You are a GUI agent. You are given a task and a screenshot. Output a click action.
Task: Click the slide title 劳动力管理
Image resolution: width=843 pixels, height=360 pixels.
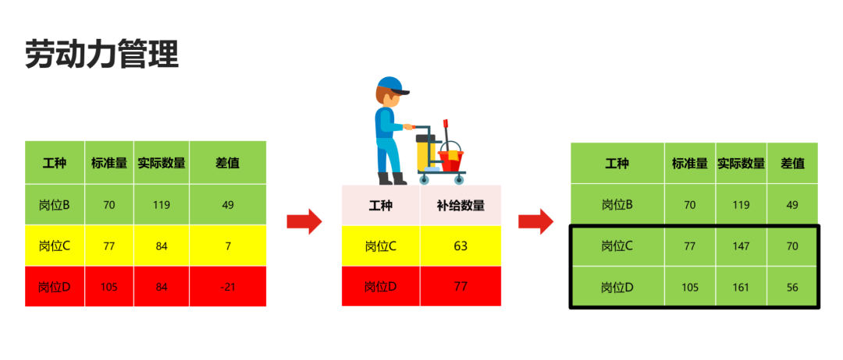[102, 55]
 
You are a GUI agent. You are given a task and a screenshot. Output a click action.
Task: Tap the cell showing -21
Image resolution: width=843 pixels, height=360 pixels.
[228, 287]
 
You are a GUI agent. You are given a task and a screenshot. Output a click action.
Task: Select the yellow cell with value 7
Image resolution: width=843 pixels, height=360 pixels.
[228, 246]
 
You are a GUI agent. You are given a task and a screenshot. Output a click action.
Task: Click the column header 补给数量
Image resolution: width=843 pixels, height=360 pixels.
[461, 206]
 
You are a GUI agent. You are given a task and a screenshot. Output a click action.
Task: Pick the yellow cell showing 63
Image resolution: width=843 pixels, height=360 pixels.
[461, 246]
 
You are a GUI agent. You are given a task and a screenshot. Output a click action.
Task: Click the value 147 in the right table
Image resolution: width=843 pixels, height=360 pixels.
[742, 246]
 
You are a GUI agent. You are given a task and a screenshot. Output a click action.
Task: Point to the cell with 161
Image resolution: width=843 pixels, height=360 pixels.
[742, 287]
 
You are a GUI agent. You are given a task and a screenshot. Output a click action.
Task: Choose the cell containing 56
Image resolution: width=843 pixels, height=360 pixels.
[792, 287]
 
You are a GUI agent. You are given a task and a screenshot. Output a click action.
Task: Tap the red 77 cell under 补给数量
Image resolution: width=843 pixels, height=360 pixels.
[461, 286]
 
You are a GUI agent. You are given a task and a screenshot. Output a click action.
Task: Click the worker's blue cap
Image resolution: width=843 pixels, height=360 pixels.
[393, 85]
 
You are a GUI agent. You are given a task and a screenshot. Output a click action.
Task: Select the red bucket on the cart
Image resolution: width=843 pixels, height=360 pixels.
[450, 160]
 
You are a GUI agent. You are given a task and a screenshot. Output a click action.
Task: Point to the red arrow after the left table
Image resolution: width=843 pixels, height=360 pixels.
[304, 222]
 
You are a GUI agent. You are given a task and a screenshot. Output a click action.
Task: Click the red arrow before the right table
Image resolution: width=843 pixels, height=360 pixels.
[535, 222]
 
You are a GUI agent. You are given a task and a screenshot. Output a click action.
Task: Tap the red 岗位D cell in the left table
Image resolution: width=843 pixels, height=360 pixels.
[55, 287]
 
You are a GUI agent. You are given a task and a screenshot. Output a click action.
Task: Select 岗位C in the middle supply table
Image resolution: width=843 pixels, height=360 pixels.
[381, 246]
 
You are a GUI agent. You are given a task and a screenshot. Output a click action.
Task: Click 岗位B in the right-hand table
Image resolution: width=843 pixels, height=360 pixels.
[617, 205]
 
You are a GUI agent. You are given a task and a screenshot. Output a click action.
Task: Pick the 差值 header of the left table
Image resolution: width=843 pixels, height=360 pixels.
[228, 163]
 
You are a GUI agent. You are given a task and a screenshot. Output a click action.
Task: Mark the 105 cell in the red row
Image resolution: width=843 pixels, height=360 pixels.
[109, 287]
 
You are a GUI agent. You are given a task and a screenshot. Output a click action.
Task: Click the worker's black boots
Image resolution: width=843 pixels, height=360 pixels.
[393, 178]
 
